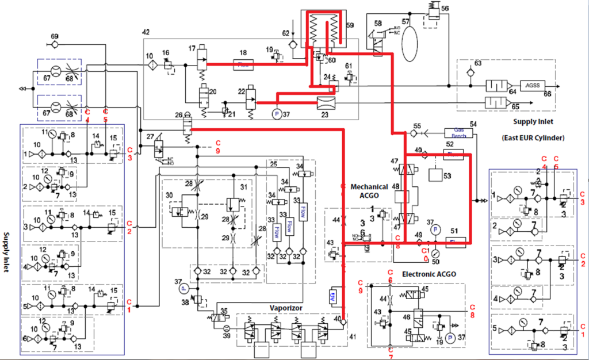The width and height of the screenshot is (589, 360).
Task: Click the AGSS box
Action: [x=529, y=85]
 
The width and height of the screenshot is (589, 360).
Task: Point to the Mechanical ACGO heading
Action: [x=358, y=192]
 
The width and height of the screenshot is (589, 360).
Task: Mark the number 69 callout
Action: [x=55, y=37]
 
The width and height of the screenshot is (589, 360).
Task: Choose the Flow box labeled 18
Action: [x=243, y=65]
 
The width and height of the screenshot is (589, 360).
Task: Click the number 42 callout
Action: [x=146, y=32]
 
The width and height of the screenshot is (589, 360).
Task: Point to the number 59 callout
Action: [x=351, y=25]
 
